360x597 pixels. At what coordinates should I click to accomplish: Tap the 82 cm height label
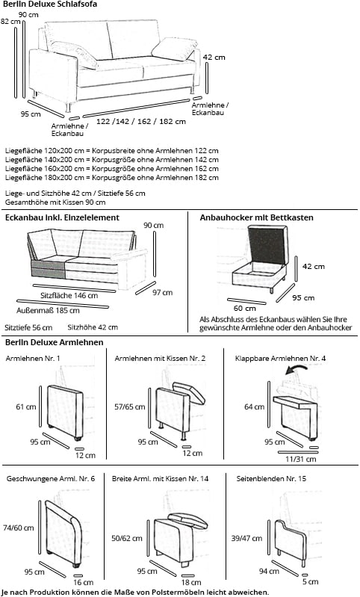pyautogui.click(x=10, y=22)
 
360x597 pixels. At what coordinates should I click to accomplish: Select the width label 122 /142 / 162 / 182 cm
pyautogui.click(x=131, y=121)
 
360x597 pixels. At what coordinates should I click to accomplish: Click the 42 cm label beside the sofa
pyautogui.click(x=214, y=57)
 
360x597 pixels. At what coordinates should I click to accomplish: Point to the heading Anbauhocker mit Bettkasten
pyautogui.click(x=256, y=217)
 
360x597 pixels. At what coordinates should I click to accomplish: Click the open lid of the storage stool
pyautogui.click(x=266, y=244)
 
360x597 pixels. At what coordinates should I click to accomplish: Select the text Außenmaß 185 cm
pyautogui.click(x=48, y=311)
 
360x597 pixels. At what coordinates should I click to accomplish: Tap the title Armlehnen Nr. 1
pyautogui.click(x=33, y=359)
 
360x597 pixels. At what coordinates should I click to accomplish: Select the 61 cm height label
pyautogui.click(x=25, y=407)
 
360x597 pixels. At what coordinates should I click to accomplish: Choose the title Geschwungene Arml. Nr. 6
pyautogui.click(x=50, y=477)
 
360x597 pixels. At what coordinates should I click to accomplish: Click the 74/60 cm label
pyautogui.click(x=19, y=528)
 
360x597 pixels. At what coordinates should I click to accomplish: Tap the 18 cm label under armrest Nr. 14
pyautogui.click(x=191, y=581)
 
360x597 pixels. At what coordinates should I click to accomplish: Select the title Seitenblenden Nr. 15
pyautogui.click(x=270, y=477)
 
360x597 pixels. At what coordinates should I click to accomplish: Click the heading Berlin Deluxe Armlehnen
pyautogui.click(x=54, y=342)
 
